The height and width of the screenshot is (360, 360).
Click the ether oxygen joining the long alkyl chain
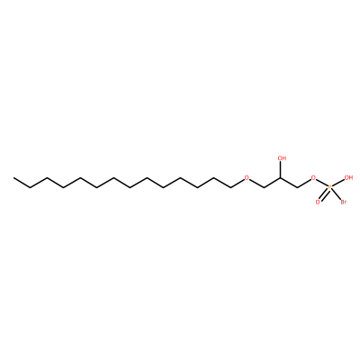pos(247,178)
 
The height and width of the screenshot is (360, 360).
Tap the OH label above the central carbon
pos(282,158)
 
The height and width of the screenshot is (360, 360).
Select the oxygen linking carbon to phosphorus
pos(314,178)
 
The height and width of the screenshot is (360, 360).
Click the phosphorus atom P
pos(330,187)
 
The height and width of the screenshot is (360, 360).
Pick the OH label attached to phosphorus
pos(348,178)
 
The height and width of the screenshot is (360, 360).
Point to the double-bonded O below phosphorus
pos(318,202)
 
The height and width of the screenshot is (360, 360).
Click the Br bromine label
pos(344,202)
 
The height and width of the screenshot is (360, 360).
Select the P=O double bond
pos(324,194)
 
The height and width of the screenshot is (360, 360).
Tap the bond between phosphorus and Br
pos(337,194)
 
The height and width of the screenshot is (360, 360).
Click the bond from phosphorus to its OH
pos(338,183)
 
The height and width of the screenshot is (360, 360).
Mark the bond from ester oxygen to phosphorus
pos(322,183)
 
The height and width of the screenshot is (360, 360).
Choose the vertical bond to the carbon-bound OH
pos(281,169)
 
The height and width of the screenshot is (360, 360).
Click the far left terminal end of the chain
pos(13,178)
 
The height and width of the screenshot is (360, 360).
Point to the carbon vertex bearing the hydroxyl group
pos(281,178)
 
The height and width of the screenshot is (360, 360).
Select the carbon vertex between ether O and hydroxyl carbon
pos(264,188)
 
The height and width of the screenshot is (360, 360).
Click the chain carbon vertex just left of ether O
pos(230,188)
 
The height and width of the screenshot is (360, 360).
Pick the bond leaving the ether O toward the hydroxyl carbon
pos(256,184)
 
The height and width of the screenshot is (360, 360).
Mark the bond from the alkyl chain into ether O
pos(237,184)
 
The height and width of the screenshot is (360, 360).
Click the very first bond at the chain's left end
pos(22,183)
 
